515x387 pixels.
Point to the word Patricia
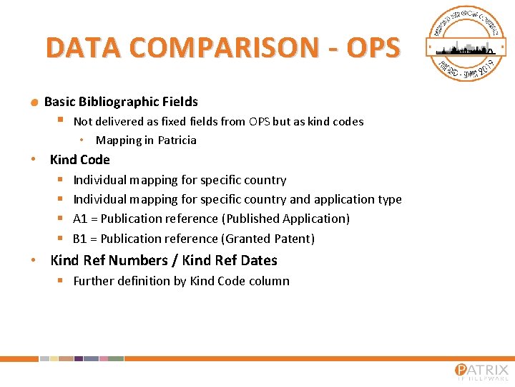(x=177, y=140)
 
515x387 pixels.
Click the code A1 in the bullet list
(x=80, y=219)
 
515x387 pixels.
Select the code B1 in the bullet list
(x=80, y=239)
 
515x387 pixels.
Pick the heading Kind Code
(x=79, y=160)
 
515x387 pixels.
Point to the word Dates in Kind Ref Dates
(x=259, y=260)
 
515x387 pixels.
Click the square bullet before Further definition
(x=61, y=280)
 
